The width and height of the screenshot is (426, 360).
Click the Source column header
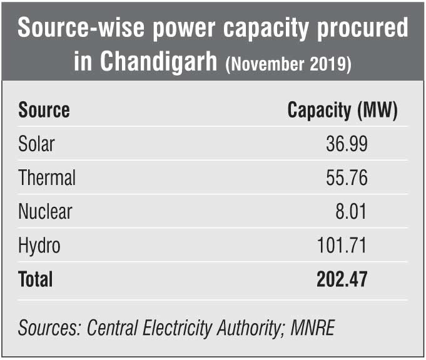[x=44, y=111]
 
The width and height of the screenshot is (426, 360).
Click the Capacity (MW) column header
[x=342, y=111]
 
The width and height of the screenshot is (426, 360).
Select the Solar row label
[x=36, y=144]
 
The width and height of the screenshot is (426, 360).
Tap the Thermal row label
[x=47, y=178]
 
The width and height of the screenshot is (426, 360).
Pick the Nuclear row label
[x=45, y=211]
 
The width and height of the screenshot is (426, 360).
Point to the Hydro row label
[x=39, y=245]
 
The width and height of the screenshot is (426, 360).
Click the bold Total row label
[x=36, y=279]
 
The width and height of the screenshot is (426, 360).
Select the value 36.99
[x=347, y=144]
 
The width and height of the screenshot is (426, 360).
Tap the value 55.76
[x=347, y=178]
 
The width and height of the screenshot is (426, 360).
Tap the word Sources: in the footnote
[x=49, y=327]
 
